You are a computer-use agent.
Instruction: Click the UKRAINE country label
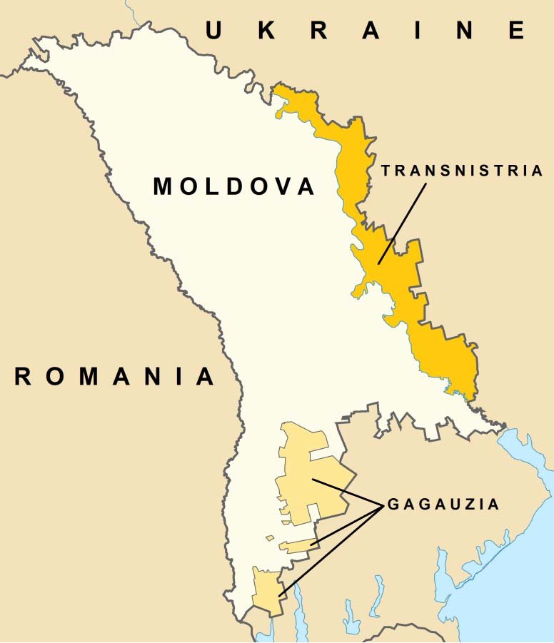click(x=366, y=30)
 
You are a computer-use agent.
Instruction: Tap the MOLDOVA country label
click(x=234, y=187)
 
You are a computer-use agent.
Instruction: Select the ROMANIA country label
click(x=114, y=376)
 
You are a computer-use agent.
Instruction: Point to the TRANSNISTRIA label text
click(x=462, y=171)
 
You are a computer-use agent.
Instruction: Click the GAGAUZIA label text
click(x=443, y=505)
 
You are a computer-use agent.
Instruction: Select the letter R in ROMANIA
click(x=23, y=376)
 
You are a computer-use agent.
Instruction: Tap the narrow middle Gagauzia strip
click(x=296, y=547)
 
